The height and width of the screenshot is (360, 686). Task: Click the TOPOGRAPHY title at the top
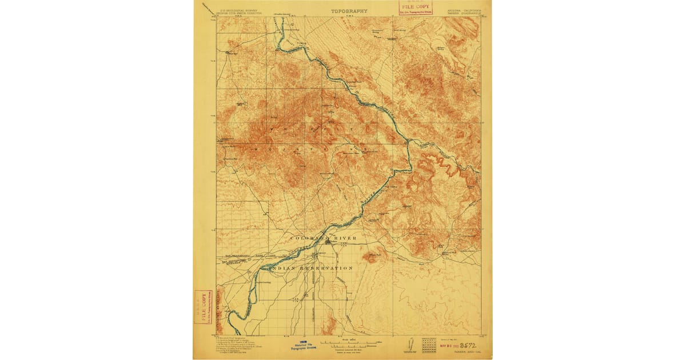pyautogui.click(x=349, y=11)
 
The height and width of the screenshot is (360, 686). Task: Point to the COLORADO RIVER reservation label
pyautogui.click(x=324, y=238)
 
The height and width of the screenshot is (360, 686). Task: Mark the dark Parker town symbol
pyautogui.click(x=328, y=242)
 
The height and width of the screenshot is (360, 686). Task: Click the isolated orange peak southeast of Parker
pyautogui.click(x=370, y=258)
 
